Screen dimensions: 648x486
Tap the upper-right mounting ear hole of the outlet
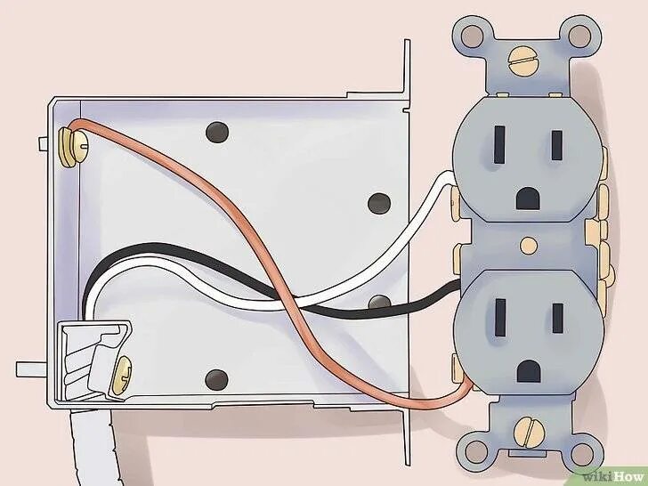tap(579, 36)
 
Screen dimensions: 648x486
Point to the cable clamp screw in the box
tap(125, 367)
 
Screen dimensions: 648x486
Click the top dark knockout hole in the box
tap(215, 132)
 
